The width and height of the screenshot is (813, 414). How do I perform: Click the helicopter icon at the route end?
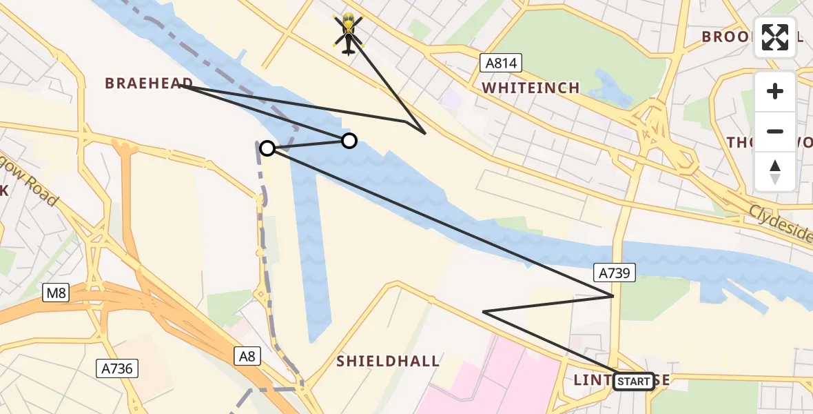coord(348,32)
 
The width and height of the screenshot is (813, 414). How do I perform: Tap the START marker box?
coord(633,381)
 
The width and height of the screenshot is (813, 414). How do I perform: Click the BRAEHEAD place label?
coord(149,83)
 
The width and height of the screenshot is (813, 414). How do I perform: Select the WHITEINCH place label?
coord(531,88)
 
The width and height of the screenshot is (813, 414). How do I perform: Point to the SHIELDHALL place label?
coord(388,361)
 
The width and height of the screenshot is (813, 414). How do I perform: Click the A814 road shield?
coord(501,63)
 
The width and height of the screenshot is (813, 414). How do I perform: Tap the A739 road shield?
coord(613,273)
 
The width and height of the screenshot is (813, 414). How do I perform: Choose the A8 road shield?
coord(247,356)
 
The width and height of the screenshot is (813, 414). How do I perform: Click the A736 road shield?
coord(117,368)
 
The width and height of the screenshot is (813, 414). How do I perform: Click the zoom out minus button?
coord(775,131)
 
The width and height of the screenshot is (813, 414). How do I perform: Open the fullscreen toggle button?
coord(775,37)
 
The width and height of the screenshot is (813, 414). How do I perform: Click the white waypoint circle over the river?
coord(349,141)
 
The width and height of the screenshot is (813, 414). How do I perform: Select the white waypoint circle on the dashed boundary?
coord(267,148)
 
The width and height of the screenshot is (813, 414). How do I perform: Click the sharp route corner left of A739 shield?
coord(484,312)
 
